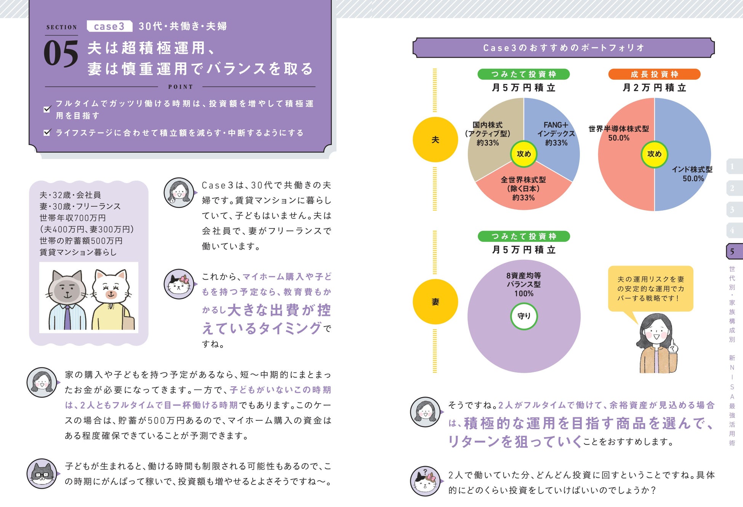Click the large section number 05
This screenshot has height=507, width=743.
(61, 53)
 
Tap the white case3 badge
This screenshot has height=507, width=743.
(109, 26)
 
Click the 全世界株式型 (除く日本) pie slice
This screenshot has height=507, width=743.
(524, 191)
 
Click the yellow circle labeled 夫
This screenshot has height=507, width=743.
(435, 140)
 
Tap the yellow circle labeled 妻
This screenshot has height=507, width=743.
(435, 302)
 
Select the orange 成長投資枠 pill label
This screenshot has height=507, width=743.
(654, 74)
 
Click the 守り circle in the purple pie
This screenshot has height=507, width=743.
(524, 316)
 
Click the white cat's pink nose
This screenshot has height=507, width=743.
(111, 294)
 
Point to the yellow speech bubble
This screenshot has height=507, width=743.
(650, 289)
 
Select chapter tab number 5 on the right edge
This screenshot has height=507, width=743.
(733, 251)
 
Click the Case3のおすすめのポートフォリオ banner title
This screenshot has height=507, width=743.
(564, 48)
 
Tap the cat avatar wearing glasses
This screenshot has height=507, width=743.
(42, 474)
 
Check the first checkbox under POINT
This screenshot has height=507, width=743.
(47, 109)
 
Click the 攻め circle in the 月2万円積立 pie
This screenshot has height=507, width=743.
(654, 154)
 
